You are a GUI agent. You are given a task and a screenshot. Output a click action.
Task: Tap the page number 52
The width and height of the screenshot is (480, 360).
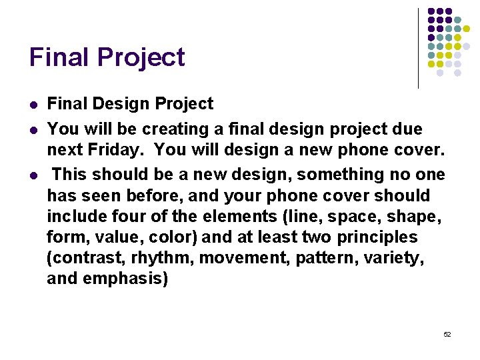(x=447, y=333)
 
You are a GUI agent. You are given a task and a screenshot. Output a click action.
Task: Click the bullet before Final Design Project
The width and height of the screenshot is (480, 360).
(x=34, y=105)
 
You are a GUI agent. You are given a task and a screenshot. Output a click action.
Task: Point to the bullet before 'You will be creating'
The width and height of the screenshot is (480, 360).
(x=34, y=128)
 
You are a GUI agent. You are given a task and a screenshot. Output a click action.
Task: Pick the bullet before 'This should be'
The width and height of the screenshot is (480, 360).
(x=34, y=175)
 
